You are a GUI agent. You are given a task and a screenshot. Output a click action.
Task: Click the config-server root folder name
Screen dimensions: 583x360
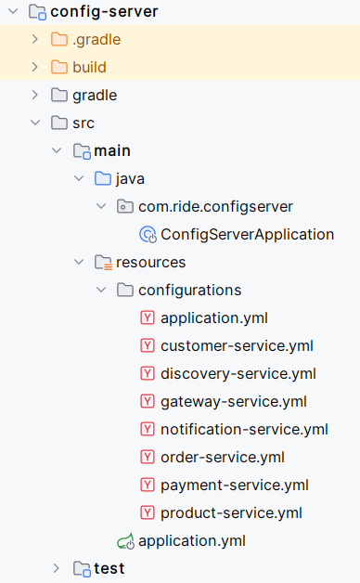pyautogui.click(x=104, y=11)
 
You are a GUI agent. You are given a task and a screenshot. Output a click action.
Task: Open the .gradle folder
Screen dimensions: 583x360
pyautogui.click(x=96, y=39)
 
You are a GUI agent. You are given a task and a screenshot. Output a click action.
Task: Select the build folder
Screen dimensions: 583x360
pyautogui.click(x=89, y=67)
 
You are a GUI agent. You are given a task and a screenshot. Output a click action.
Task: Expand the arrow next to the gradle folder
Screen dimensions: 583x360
pyautogui.click(x=35, y=95)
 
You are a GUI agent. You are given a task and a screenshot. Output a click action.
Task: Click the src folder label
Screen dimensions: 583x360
pyautogui.click(x=84, y=123)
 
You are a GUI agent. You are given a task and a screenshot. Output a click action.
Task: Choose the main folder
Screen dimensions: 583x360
pyautogui.click(x=111, y=150)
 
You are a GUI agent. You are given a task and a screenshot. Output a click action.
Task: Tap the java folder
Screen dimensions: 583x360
pyautogui.click(x=130, y=178)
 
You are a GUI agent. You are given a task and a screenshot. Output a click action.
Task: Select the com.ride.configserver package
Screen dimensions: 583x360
pyautogui.click(x=215, y=206)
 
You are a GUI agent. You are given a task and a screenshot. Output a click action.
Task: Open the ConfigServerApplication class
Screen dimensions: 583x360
pyautogui.click(x=247, y=234)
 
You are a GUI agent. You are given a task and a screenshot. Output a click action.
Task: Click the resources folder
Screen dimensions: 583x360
pyautogui.click(x=150, y=262)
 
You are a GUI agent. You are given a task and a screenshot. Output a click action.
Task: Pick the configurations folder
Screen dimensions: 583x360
pyautogui.click(x=189, y=290)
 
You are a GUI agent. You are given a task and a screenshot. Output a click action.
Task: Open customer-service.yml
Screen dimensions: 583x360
pyautogui.click(x=237, y=345)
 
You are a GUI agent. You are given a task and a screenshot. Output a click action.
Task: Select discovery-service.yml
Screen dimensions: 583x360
pyautogui.click(x=238, y=373)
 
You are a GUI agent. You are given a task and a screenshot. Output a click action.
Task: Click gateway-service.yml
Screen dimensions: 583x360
pyautogui.click(x=233, y=401)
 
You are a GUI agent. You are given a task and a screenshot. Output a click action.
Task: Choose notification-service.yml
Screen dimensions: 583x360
pyautogui.click(x=244, y=429)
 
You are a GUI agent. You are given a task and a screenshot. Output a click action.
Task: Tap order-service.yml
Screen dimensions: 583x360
pyautogui.click(x=222, y=457)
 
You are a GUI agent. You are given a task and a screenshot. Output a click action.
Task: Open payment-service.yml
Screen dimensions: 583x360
pyautogui.click(x=234, y=485)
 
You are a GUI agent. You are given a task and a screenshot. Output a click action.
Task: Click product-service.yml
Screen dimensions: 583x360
pyautogui.click(x=231, y=512)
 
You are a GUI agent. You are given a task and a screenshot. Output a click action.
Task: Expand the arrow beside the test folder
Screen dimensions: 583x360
pyautogui.click(x=58, y=568)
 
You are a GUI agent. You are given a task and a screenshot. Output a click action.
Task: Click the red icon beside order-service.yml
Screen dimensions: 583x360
pyautogui.click(x=147, y=457)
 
